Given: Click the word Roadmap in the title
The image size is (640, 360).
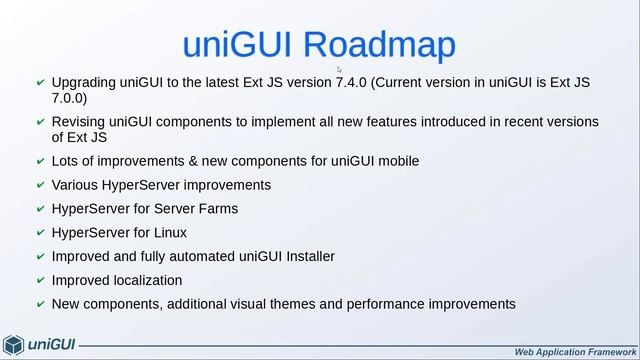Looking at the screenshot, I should (x=379, y=45).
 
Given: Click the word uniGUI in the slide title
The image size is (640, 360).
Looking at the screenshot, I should (x=238, y=45).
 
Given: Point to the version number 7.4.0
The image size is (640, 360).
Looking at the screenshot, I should (x=351, y=82).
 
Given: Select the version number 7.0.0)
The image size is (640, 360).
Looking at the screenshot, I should (x=70, y=98).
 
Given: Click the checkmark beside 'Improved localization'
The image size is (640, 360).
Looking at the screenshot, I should (x=40, y=281).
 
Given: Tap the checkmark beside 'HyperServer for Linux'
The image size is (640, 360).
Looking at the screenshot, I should (x=40, y=233).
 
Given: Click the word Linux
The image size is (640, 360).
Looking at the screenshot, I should (x=166, y=233).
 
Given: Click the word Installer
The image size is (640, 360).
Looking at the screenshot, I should (x=305, y=257).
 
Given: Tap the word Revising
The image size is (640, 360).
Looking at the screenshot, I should (x=78, y=122).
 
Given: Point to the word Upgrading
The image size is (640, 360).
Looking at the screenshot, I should (x=84, y=82).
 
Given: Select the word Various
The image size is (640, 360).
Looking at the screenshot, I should (x=76, y=185).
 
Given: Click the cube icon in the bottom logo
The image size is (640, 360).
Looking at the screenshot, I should (x=13, y=345).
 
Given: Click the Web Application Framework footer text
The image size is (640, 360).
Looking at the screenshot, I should (x=574, y=352).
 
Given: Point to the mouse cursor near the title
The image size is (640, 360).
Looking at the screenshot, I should (x=340, y=70).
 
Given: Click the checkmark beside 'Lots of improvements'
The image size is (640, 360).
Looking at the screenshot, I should (x=40, y=161).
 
